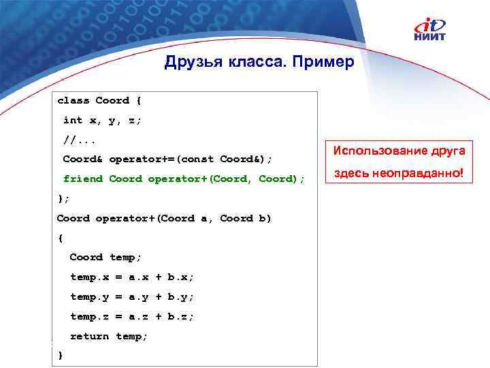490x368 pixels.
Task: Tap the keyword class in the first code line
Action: (x=73, y=100)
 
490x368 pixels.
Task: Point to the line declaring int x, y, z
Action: (x=102, y=120)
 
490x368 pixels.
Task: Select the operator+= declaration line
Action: (x=167, y=159)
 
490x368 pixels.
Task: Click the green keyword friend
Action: (x=83, y=179)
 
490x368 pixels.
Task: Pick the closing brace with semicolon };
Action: (x=63, y=198)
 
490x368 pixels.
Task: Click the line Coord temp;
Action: (x=105, y=257)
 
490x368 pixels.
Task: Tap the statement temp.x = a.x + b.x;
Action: (x=132, y=277)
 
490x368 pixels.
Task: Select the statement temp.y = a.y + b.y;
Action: (x=132, y=296)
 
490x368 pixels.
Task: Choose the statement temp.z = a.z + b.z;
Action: (x=132, y=316)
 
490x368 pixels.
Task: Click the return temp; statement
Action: (x=109, y=336)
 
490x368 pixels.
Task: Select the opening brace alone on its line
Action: (x=60, y=238)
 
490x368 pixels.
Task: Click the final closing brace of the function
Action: (x=61, y=355)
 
